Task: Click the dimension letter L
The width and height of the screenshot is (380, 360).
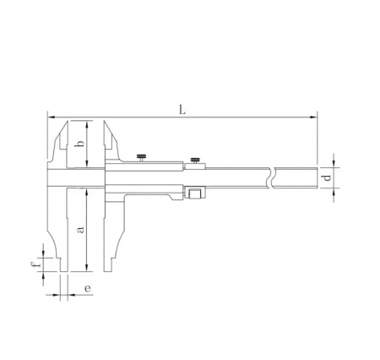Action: pos(182,110)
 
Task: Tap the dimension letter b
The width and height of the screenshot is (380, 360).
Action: pos(80,144)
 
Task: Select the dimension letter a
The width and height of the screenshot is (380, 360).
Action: pos(80,230)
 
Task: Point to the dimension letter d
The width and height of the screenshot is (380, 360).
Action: pos(327,177)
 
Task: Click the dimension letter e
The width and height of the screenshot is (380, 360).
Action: pos(88,289)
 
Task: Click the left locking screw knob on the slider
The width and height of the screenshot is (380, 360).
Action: pos(141,156)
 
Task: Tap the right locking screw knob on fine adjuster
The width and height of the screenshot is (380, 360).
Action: pos(195,160)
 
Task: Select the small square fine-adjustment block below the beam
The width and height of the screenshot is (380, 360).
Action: pos(194,194)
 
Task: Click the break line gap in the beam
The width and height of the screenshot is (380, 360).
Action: pos(273,177)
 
